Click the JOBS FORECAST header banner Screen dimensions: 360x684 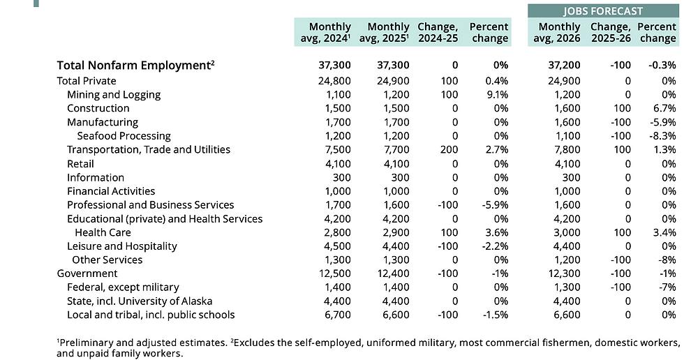602,10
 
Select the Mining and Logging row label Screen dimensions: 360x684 114,95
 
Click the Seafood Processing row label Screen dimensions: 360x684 124,136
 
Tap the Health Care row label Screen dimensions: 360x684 103,232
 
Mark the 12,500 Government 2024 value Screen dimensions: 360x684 334,273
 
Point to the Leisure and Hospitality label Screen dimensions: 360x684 122,246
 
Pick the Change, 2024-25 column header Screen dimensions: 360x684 437,33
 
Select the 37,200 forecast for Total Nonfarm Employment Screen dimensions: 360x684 563,66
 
